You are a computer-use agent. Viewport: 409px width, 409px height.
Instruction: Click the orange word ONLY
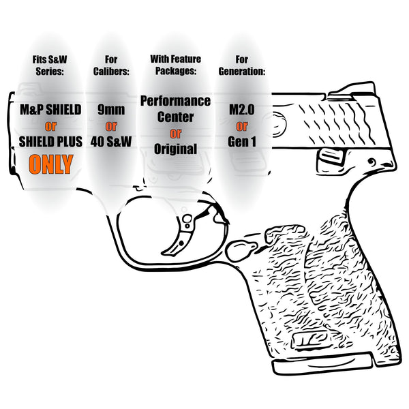coord(51,164)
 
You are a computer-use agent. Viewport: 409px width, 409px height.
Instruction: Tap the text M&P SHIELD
coord(50,110)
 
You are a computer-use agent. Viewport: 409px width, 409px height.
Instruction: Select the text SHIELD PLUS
coord(50,142)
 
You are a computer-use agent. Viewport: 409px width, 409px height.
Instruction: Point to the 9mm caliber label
coord(111,110)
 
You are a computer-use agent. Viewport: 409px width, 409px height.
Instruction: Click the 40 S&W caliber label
coord(111,142)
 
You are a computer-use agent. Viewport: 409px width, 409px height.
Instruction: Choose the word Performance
coord(176,101)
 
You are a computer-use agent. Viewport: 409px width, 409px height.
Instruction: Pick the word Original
coord(176,149)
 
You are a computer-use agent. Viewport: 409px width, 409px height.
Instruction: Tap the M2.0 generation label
coord(242,110)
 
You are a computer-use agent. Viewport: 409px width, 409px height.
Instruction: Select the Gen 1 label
coord(242,142)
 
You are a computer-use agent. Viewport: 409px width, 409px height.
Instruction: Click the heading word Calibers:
coord(111,72)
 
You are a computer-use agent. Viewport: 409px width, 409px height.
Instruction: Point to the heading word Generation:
coord(242,72)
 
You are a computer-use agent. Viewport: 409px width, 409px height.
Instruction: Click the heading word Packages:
coord(176,71)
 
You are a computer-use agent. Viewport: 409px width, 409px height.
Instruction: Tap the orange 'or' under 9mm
coord(111,126)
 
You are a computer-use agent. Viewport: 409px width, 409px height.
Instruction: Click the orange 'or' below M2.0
coord(242,126)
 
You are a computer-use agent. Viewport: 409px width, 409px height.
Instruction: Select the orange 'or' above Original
coord(176,134)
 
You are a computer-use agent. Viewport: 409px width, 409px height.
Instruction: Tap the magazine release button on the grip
coord(241,249)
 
